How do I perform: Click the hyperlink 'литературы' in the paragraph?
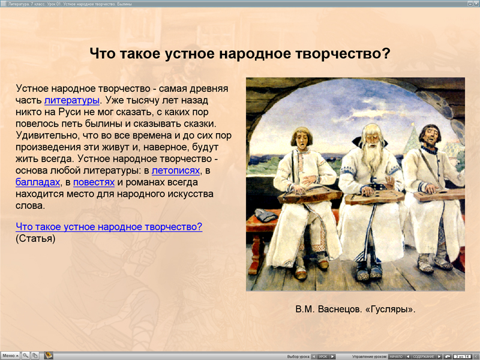71,100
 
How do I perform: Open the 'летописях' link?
175,170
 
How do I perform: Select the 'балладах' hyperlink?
38,182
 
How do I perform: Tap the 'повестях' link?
94,182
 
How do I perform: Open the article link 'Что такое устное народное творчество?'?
109,227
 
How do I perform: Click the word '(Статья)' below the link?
35,238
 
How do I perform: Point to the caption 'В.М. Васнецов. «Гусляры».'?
355,310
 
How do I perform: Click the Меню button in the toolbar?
10,356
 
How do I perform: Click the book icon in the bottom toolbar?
49,356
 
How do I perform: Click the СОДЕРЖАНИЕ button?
424,356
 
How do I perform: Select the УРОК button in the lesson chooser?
323,356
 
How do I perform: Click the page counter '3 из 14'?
462,356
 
